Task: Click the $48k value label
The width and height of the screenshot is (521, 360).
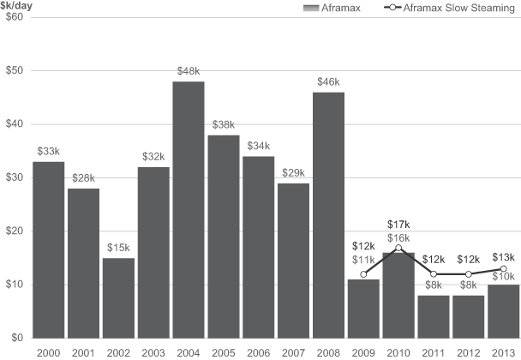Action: coord(189,72)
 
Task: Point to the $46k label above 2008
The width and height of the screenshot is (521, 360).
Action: coord(328,83)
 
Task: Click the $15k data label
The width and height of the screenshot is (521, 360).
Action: coord(118,248)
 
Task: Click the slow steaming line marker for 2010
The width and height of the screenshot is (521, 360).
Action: coord(398,248)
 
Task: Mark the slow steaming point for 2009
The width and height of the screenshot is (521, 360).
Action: coord(363,274)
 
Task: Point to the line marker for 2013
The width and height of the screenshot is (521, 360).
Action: coord(503,269)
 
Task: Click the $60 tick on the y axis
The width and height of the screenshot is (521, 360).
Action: coord(15,18)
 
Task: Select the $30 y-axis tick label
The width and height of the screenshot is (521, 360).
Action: coord(15,177)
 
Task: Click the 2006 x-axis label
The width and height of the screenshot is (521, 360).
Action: coord(259,351)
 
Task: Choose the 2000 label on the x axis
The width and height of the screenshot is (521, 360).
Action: coord(49,351)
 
